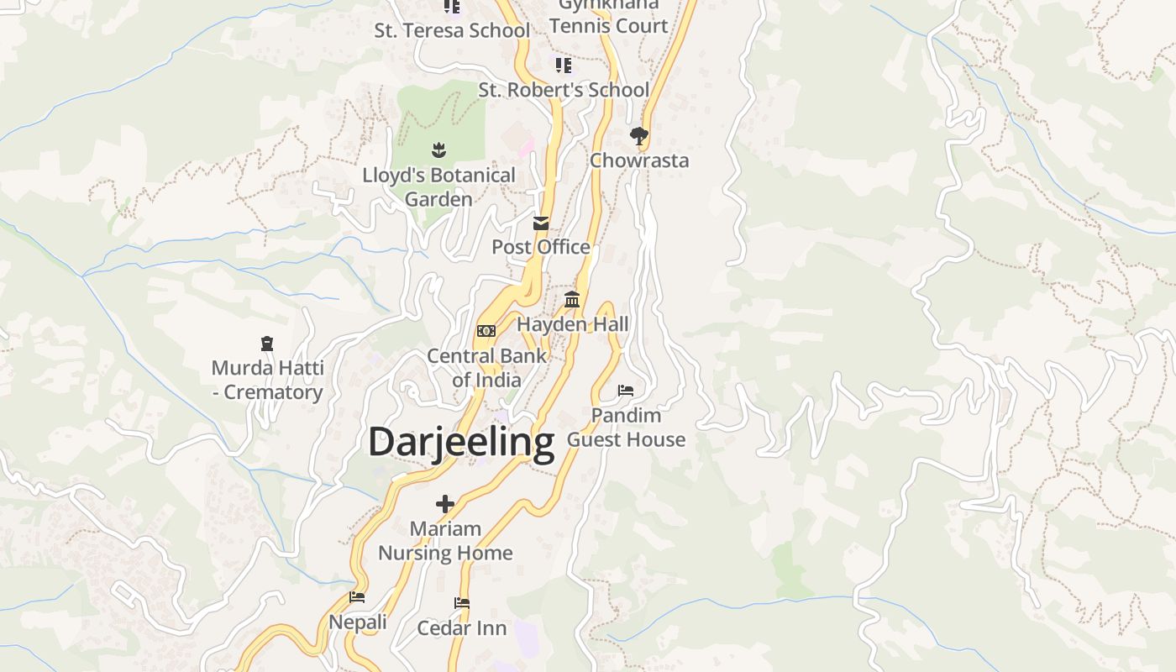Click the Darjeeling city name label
point(461,442)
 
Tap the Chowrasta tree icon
point(639,135)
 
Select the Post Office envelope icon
point(541,223)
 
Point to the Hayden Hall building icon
point(572,299)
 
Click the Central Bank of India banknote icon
point(486,331)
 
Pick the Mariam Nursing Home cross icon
point(445,504)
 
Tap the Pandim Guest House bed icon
point(626,390)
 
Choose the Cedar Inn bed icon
point(461,603)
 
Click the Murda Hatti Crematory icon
point(267,344)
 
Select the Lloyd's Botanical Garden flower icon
point(438,150)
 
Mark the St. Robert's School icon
point(564,65)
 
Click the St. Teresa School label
point(452,30)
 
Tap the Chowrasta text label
point(639,160)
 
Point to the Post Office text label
point(541,247)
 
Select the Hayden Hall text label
point(573,324)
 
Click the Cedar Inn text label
point(462,628)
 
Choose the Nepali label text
point(358,622)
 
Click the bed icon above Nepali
point(357,597)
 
